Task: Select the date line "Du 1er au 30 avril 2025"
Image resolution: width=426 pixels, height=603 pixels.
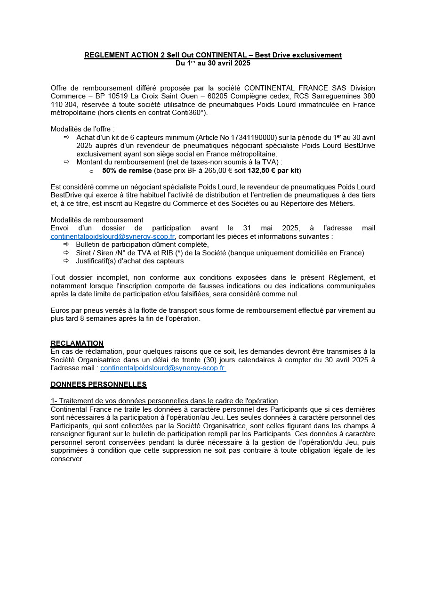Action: coord(213,63)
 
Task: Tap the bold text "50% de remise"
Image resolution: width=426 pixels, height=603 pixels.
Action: coord(127,171)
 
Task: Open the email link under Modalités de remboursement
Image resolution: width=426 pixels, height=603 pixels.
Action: coord(113,236)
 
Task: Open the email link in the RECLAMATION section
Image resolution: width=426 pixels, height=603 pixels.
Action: coord(163,368)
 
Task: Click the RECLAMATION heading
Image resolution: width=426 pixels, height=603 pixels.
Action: coord(77,343)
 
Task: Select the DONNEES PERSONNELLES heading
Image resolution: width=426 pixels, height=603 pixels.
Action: coord(98,384)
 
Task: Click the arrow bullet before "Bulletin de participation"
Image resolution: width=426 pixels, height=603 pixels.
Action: coord(66,244)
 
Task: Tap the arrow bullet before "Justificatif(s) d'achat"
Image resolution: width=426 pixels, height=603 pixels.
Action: coord(66,261)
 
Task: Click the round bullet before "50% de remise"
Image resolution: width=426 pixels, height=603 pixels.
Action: coord(91,171)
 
